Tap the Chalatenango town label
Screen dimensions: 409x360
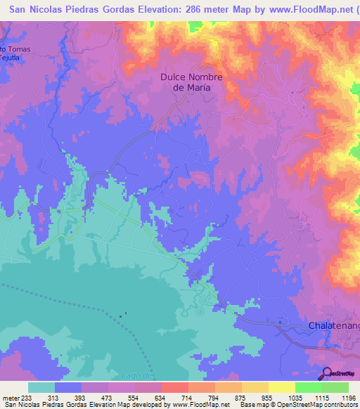[x=334, y=326]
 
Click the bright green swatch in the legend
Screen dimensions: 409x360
[x=308, y=387]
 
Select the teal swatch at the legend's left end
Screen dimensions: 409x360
[x=41, y=387]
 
